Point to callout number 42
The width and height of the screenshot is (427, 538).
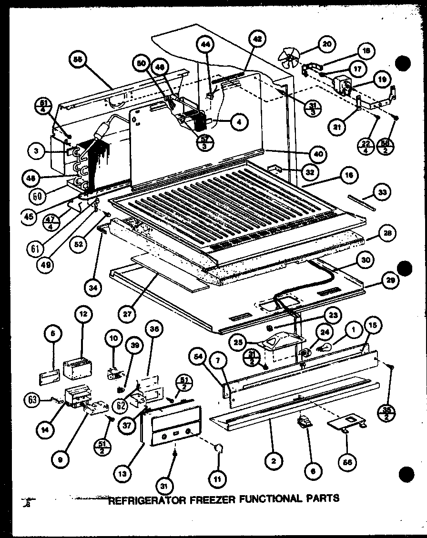[x=257, y=40]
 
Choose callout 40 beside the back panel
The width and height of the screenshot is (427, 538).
[x=318, y=154]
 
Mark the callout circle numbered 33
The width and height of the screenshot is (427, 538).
[x=383, y=192]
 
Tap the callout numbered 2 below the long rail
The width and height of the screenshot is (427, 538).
[x=274, y=460]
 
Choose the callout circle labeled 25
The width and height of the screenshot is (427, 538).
[x=237, y=341]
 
